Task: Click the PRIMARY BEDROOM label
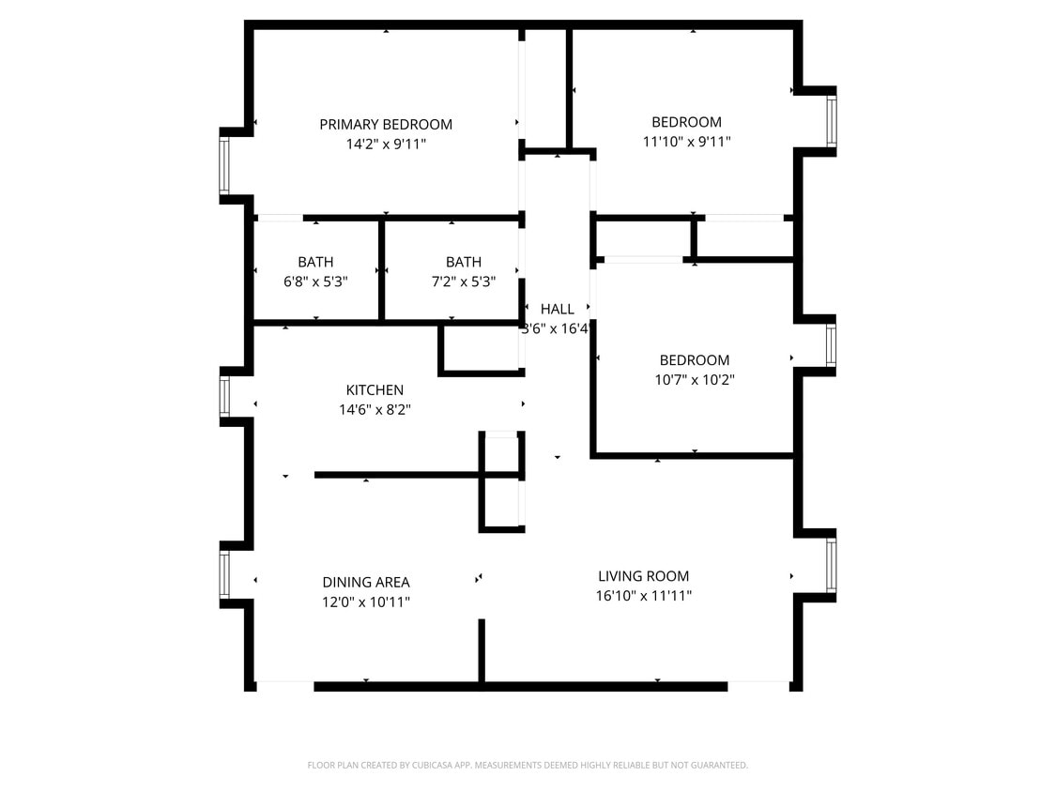click(386, 124)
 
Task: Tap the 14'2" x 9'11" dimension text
click(386, 145)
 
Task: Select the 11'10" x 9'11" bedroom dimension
click(687, 142)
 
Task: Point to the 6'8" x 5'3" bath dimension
click(315, 281)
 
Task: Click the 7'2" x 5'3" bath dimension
click(464, 281)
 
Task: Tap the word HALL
click(558, 309)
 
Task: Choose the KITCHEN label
click(375, 390)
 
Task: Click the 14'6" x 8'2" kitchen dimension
click(375, 410)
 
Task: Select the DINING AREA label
click(366, 582)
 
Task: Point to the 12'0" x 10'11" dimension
click(366, 602)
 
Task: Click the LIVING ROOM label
click(644, 576)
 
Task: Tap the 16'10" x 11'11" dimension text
click(644, 596)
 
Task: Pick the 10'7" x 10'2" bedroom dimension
click(695, 380)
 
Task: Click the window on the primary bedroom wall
click(224, 166)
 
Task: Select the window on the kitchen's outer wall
click(224, 396)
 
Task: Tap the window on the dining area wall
click(224, 573)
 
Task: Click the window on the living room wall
click(831, 565)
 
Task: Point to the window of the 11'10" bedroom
click(831, 122)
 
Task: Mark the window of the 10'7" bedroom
click(831, 344)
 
